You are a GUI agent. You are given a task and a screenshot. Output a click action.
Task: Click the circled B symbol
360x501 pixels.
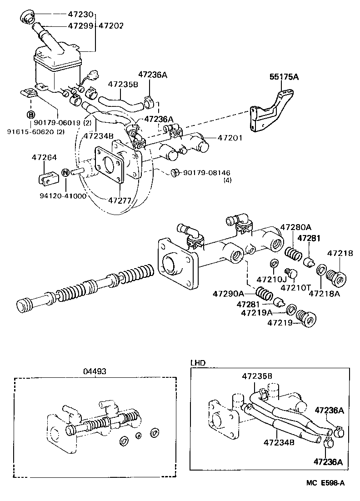click(x=31, y=115)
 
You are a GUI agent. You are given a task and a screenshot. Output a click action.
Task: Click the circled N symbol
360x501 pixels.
click(x=65, y=172)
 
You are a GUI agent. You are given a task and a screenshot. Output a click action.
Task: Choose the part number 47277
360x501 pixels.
click(x=120, y=200)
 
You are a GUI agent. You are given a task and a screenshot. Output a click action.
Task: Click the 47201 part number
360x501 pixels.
click(x=230, y=138)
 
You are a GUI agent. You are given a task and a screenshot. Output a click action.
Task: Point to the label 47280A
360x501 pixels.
click(x=295, y=227)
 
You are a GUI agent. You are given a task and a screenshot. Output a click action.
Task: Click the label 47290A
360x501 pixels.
click(x=228, y=294)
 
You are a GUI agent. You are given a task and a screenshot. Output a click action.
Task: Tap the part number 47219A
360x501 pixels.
click(x=257, y=313)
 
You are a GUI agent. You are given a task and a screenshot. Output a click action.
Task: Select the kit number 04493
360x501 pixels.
click(x=95, y=371)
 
